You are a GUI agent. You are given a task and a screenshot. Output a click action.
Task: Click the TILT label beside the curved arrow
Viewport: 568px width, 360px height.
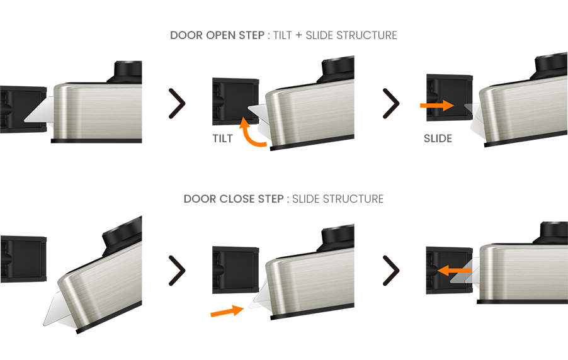click(x=223, y=138)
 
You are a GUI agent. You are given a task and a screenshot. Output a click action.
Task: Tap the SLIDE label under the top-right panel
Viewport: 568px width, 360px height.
click(x=438, y=138)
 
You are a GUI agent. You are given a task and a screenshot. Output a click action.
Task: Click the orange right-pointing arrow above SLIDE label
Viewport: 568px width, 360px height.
click(x=437, y=105)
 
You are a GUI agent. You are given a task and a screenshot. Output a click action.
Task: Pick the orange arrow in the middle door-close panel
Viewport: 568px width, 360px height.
click(x=227, y=310)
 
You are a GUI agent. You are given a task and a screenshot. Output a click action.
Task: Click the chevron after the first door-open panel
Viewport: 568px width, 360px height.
click(x=177, y=104)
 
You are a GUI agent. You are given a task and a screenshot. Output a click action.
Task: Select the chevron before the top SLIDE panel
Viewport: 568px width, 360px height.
click(x=391, y=104)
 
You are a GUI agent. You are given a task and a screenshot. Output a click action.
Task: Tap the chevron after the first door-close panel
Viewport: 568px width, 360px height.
click(x=177, y=271)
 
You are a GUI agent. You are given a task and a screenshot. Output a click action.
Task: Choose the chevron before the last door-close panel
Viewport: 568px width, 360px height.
click(x=391, y=271)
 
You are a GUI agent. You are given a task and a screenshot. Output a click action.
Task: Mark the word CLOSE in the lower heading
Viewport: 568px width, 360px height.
click(x=237, y=199)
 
